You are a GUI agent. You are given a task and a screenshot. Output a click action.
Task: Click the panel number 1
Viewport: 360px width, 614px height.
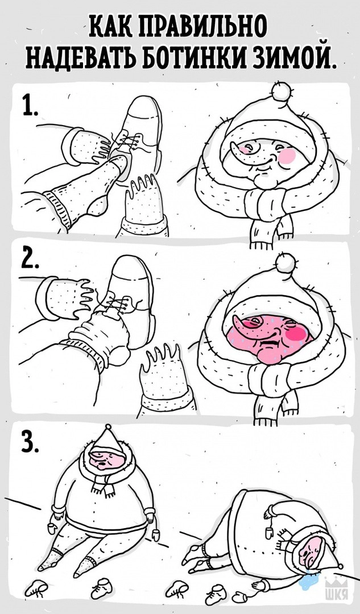click(x=29, y=105)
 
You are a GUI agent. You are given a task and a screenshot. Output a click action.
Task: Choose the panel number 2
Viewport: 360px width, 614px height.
click(x=30, y=259)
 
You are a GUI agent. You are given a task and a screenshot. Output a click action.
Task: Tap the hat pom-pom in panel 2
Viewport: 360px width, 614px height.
click(x=285, y=262)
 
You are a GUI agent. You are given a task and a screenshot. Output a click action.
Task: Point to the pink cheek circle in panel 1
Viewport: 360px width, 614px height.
click(x=288, y=156)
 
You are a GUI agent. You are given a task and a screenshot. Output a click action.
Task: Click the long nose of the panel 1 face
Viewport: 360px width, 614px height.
click(x=243, y=150)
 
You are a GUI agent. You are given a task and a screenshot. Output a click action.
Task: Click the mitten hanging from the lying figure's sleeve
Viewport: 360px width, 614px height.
click(x=270, y=532)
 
